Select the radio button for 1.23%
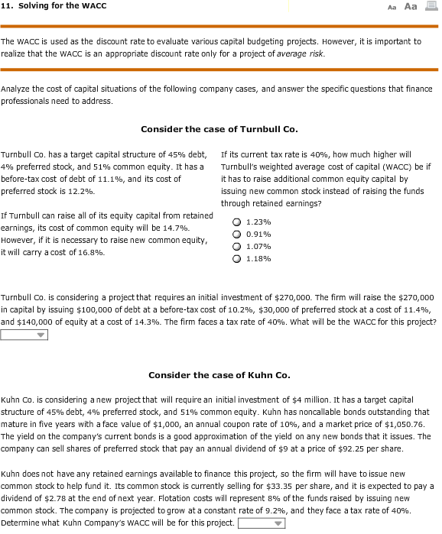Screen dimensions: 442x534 pyautogui.click(x=237, y=222)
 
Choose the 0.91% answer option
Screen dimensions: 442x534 pyautogui.click(x=237, y=234)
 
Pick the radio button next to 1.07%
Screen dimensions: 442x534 pyautogui.click(x=237, y=246)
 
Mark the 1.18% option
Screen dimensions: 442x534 pyautogui.click(x=237, y=258)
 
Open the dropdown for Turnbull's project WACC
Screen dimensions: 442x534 pyautogui.click(x=24, y=334)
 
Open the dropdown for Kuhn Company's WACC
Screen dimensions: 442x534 pyautogui.click(x=262, y=523)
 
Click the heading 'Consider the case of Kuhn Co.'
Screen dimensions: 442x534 pyautogui.click(x=219, y=375)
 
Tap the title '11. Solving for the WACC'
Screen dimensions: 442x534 pyautogui.click(x=54, y=6)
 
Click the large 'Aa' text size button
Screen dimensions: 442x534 pyautogui.click(x=409, y=6)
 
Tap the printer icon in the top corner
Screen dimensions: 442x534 pyautogui.click(x=430, y=6)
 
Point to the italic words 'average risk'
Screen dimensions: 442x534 pyautogui.click(x=304, y=53)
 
